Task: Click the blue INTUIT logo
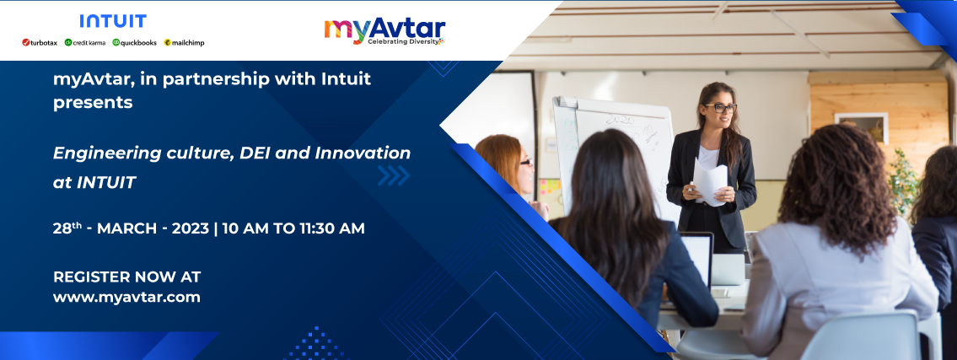(x=113, y=21)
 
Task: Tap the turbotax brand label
(x=40, y=43)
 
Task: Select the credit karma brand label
(x=85, y=43)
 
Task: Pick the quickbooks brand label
(x=134, y=43)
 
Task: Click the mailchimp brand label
(x=184, y=43)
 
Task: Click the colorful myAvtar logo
(x=384, y=30)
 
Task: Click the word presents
(x=93, y=103)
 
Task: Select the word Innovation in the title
(x=363, y=153)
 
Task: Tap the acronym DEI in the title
(x=256, y=153)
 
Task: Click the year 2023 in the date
(x=191, y=228)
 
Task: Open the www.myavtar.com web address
(x=127, y=298)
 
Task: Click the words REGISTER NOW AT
(x=127, y=277)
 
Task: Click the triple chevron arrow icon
(x=394, y=175)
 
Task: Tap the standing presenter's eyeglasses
(x=720, y=108)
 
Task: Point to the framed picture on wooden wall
(x=861, y=127)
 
